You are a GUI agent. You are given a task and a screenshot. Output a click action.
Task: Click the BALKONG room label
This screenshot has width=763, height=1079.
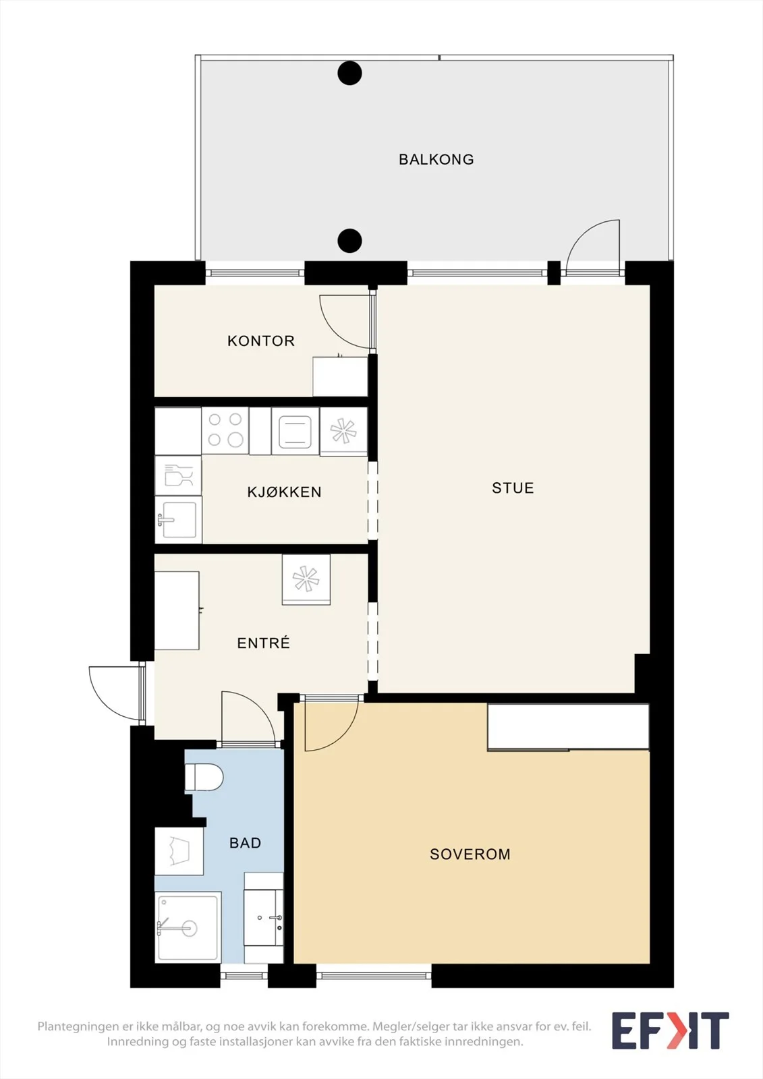coord(436,159)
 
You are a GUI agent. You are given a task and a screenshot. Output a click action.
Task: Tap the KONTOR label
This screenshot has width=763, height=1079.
coord(261,341)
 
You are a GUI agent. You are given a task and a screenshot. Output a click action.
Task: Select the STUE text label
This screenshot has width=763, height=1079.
coord(513,488)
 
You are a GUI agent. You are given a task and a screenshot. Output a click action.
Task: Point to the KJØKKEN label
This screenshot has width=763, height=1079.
coord(284,492)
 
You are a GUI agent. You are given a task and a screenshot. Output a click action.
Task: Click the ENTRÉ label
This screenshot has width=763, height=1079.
coord(264,643)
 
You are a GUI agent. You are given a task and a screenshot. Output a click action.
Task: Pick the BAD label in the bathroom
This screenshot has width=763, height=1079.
coord(246,842)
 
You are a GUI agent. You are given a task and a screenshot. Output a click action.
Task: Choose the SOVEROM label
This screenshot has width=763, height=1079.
coord(470,854)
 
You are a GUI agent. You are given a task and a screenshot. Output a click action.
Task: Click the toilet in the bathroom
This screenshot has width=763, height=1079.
coord(204,777)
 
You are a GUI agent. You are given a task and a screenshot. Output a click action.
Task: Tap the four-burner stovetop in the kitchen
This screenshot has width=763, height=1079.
coord(225,431)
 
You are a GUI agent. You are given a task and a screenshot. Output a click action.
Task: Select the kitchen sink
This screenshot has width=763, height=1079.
coord(178,520)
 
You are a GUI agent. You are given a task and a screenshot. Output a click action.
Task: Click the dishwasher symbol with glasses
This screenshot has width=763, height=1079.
coord(178,475)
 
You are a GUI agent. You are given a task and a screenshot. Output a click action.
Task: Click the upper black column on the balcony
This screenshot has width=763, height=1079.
coord(349,74)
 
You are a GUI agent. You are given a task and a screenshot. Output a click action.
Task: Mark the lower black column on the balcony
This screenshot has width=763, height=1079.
coord(349,240)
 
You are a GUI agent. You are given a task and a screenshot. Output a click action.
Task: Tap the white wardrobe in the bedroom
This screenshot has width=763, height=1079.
coord(568,727)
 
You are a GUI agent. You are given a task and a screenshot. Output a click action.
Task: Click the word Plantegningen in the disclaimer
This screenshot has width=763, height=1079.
coord(78,1026)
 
